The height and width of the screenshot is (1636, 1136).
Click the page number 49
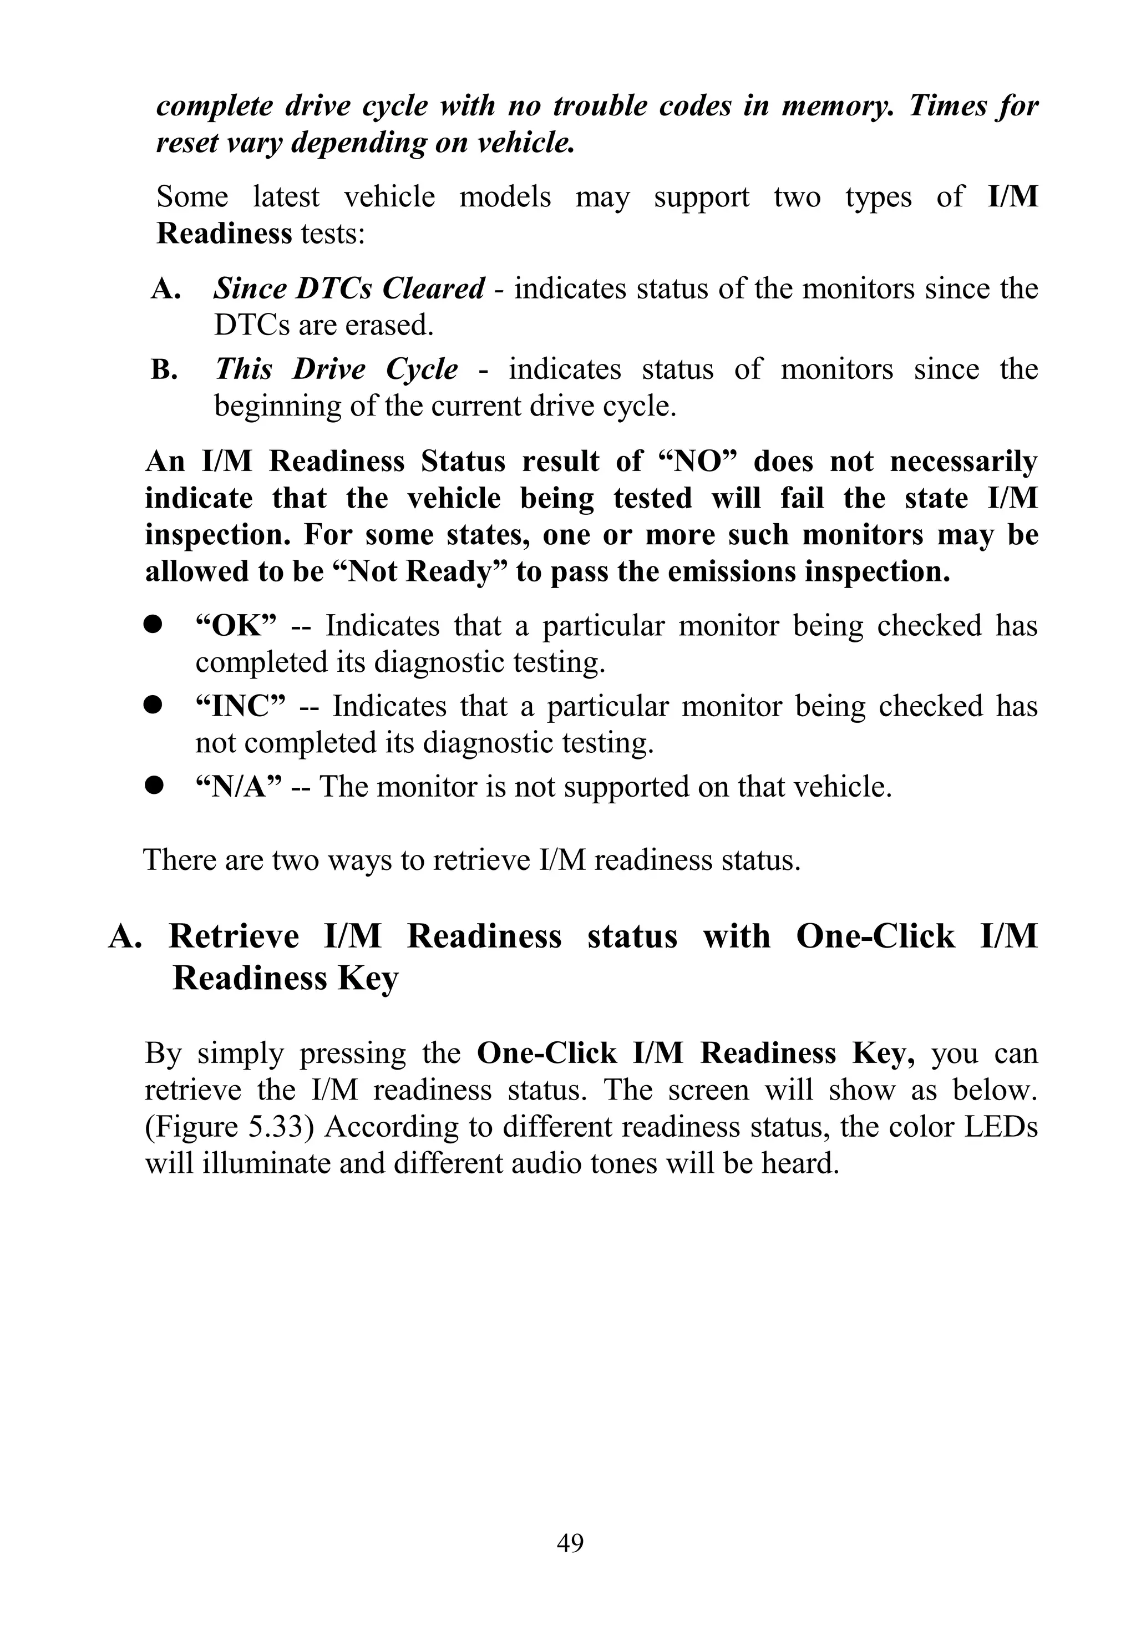point(570,1542)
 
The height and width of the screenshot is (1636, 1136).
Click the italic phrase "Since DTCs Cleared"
point(349,288)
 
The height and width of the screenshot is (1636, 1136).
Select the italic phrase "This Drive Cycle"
point(336,369)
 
